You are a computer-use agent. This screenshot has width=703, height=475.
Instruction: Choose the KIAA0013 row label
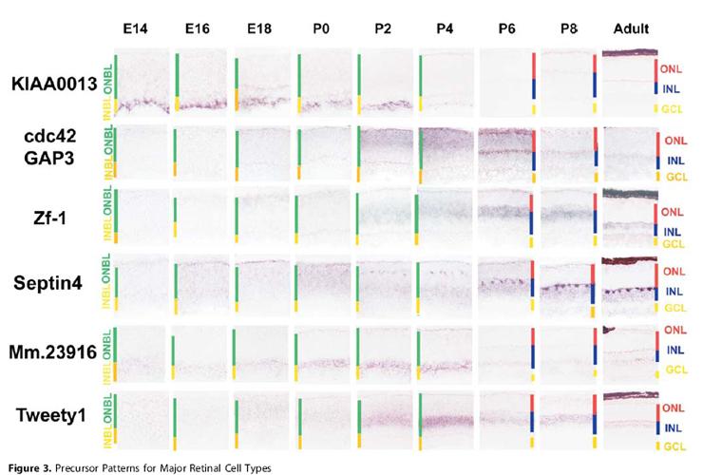click(55, 84)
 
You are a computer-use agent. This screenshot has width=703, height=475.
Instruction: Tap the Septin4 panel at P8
click(567, 283)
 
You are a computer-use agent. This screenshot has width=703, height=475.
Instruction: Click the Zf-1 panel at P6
click(506, 217)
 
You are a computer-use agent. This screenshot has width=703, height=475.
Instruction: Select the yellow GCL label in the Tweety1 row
click(673, 446)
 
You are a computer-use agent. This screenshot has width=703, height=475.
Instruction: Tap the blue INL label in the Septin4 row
click(673, 291)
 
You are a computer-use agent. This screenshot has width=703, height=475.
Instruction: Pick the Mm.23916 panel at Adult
click(629, 350)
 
